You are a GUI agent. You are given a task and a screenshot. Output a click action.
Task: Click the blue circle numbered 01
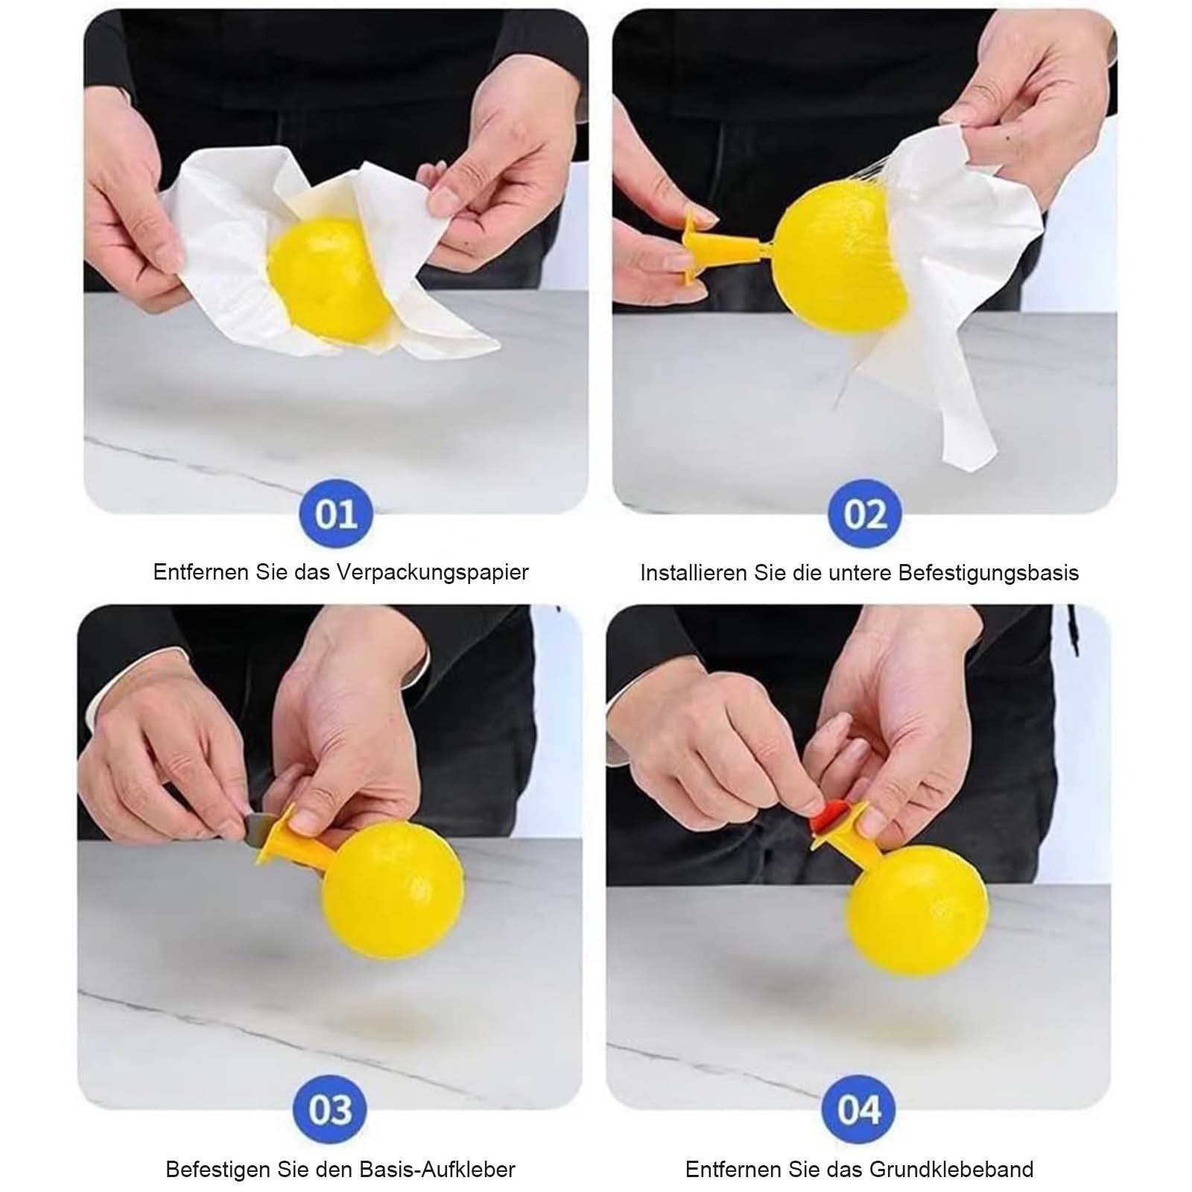click(337, 515)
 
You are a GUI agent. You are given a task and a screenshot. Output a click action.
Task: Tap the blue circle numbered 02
click(864, 515)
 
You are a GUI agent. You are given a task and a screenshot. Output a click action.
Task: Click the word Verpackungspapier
click(432, 573)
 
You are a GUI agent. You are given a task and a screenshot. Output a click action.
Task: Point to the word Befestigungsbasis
click(988, 573)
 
